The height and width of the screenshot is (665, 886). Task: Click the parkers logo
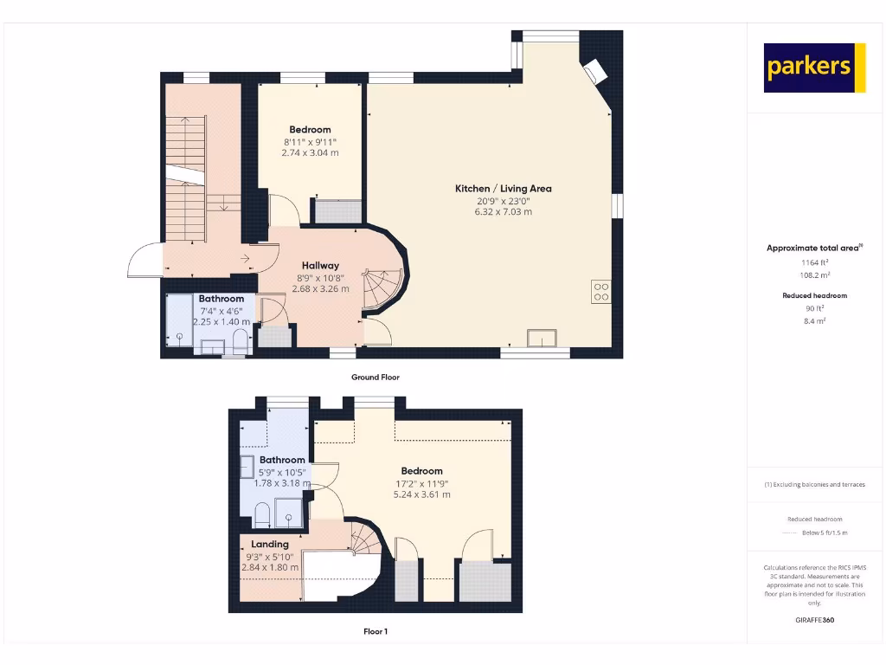pyautogui.click(x=814, y=68)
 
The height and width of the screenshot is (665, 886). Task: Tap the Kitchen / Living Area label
pyautogui.click(x=504, y=189)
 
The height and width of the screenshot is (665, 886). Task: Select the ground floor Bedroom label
pyautogui.click(x=310, y=130)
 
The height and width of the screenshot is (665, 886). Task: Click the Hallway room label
pyautogui.click(x=320, y=266)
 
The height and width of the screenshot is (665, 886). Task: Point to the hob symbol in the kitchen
pyautogui.click(x=601, y=293)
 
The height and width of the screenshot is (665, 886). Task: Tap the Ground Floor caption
pyautogui.click(x=376, y=378)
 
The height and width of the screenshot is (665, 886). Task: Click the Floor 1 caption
pyautogui.click(x=376, y=632)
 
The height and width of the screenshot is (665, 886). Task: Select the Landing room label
pyautogui.click(x=270, y=545)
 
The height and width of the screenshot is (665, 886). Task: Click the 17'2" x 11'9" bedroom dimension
pyautogui.click(x=421, y=483)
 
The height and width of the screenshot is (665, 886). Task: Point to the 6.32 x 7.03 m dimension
pyautogui.click(x=504, y=212)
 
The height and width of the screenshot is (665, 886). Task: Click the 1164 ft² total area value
pyautogui.click(x=814, y=261)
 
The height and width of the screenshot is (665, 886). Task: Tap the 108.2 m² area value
pyautogui.click(x=814, y=274)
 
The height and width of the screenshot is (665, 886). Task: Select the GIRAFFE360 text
pyautogui.click(x=814, y=620)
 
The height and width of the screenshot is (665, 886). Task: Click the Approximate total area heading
pyautogui.click(x=814, y=249)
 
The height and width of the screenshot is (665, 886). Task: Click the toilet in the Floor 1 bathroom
pyautogui.click(x=263, y=517)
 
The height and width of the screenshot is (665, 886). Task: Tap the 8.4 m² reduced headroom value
pyautogui.click(x=814, y=320)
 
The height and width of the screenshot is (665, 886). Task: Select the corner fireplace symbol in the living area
pyautogui.click(x=595, y=71)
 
